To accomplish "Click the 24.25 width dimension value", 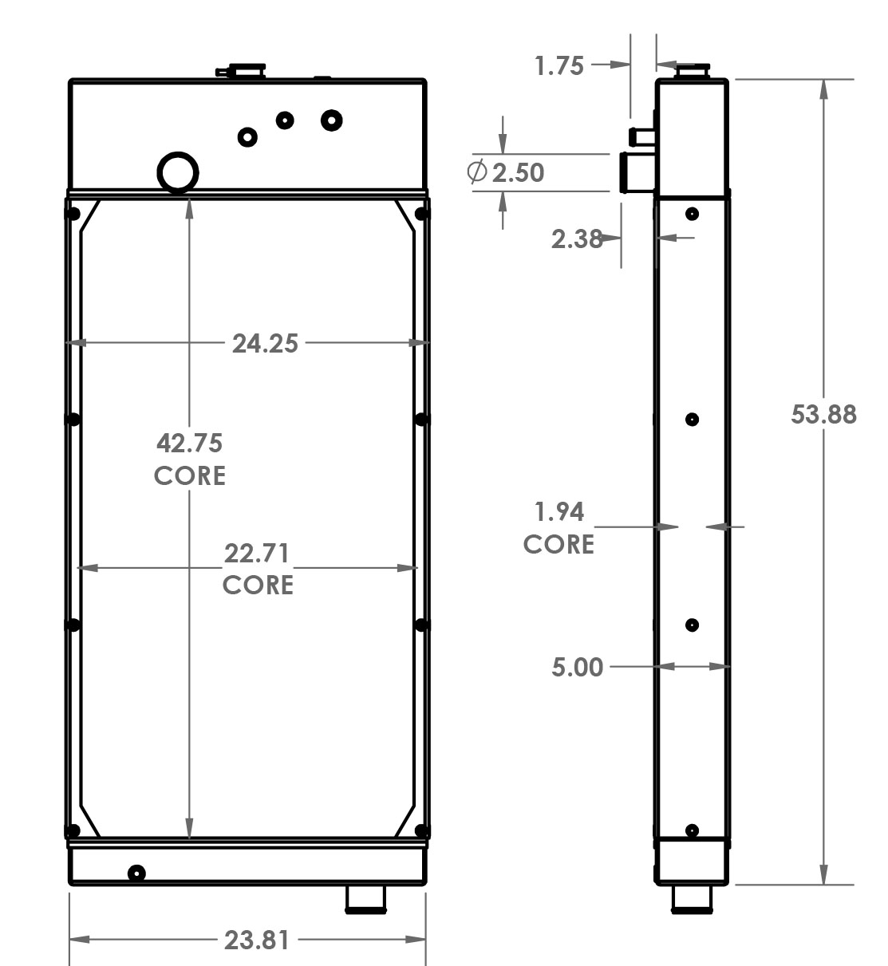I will [x=265, y=343].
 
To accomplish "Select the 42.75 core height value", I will [x=189, y=442].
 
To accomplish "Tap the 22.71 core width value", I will [x=257, y=552].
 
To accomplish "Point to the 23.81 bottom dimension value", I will [x=256, y=940].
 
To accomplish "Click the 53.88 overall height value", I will [x=823, y=414].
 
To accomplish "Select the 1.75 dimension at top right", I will [x=559, y=65].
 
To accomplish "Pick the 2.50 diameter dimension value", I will [x=518, y=172].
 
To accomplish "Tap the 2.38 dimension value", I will [x=577, y=238].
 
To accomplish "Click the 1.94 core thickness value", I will [x=558, y=511].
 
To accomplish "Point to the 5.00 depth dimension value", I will [x=577, y=666].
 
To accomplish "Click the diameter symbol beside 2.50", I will [x=477, y=172].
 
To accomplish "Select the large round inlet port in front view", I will [x=178, y=172].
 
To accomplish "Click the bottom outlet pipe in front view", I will [x=366, y=899].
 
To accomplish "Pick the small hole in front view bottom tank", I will [x=136, y=873].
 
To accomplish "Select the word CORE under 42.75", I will [x=189, y=475].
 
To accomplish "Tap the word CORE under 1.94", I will [x=558, y=544].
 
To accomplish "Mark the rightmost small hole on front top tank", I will [x=332, y=120].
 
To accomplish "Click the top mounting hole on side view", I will [x=692, y=214].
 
